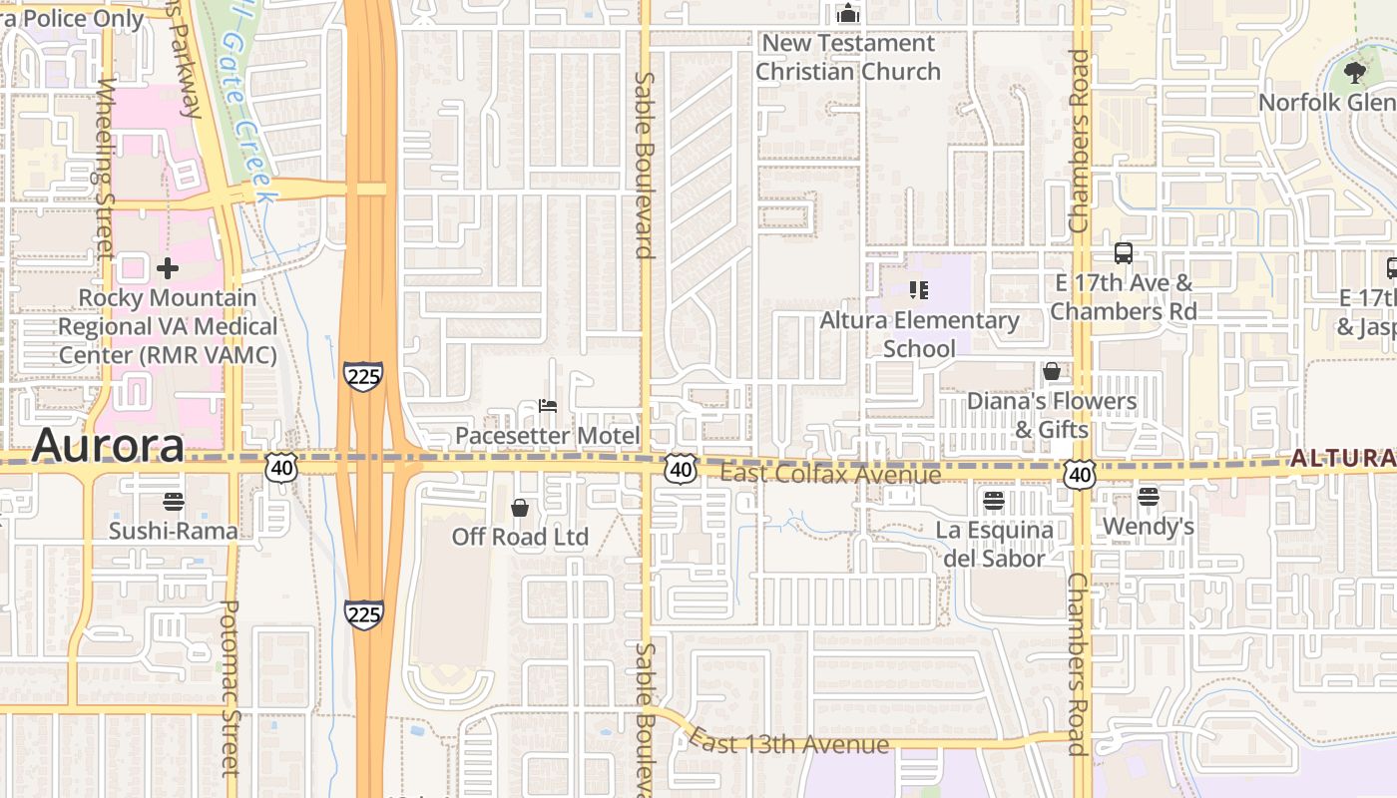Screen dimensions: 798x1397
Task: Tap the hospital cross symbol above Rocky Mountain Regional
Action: click(168, 268)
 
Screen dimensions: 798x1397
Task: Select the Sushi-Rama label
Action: click(174, 530)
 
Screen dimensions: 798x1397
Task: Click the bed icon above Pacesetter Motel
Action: click(547, 406)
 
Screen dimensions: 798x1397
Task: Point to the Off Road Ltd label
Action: click(520, 537)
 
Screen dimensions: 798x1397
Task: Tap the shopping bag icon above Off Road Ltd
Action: click(520, 508)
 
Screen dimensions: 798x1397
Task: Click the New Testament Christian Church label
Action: click(847, 57)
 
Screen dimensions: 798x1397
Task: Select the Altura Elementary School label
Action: click(919, 334)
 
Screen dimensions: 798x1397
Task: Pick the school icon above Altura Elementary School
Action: click(919, 290)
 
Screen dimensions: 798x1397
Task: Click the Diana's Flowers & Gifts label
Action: click(1051, 415)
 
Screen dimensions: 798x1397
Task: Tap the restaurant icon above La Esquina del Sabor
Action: click(994, 500)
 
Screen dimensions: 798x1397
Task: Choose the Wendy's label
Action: click(1148, 526)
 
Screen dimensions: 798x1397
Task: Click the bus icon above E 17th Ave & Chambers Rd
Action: click(1124, 253)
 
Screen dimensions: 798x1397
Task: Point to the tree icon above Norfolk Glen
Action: click(1354, 72)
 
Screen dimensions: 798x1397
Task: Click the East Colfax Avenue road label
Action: click(830, 474)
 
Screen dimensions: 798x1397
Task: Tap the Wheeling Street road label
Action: click(105, 170)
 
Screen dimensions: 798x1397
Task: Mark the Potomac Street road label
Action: click(231, 688)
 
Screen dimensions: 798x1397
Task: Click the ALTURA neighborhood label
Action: click(1342, 458)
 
